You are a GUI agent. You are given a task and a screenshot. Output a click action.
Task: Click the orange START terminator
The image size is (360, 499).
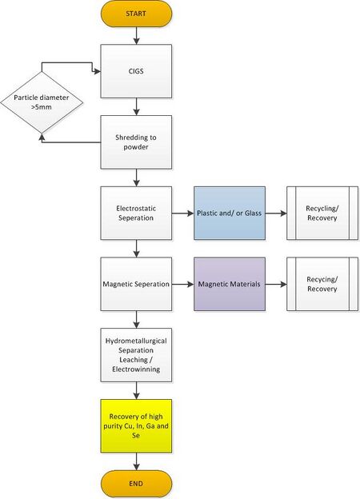(x=136, y=14)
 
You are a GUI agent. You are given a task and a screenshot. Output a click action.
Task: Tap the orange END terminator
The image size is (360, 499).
(x=136, y=484)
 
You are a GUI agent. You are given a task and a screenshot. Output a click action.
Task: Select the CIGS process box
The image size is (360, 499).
(x=136, y=71)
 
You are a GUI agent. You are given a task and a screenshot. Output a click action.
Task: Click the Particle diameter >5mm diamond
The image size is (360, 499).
(x=42, y=102)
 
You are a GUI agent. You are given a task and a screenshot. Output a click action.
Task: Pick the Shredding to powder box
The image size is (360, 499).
(x=136, y=142)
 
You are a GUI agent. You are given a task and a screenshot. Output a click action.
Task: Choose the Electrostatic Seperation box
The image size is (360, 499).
(x=136, y=213)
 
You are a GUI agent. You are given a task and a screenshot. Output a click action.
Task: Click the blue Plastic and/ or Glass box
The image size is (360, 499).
(x=230, y=213)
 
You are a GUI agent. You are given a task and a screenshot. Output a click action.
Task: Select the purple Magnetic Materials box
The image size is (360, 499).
(x=230, y=284)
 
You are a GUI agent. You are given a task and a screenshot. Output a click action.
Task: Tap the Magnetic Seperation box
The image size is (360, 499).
(x=136, y=284)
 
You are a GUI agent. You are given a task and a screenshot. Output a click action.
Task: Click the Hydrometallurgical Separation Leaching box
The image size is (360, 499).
(x=136, y=355)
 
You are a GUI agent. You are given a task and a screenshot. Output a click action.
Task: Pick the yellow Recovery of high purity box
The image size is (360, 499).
(x=136, y=425)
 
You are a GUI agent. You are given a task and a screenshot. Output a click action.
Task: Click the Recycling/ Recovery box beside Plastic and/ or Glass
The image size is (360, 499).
(x=322, y=213)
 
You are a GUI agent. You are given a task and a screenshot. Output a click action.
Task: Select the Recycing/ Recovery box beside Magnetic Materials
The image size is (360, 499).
(x=322, y=284)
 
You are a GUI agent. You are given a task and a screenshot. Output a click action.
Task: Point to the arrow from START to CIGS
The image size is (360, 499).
(x=136, y=36)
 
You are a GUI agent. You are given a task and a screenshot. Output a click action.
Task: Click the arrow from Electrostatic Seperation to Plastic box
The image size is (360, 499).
(x=183, y=214)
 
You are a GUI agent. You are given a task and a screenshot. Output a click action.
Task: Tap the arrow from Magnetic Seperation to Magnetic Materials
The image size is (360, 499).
(x=183, y=284)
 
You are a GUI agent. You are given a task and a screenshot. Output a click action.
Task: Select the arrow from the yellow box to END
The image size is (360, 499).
(x=136, y=461)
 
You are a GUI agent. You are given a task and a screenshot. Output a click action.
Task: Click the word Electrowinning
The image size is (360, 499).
(x=136, y=369)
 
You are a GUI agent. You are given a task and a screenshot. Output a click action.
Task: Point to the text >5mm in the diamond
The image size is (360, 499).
(x=42, y=107)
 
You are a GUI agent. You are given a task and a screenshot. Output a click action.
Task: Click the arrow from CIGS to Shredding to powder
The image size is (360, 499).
(x=136, y=106)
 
